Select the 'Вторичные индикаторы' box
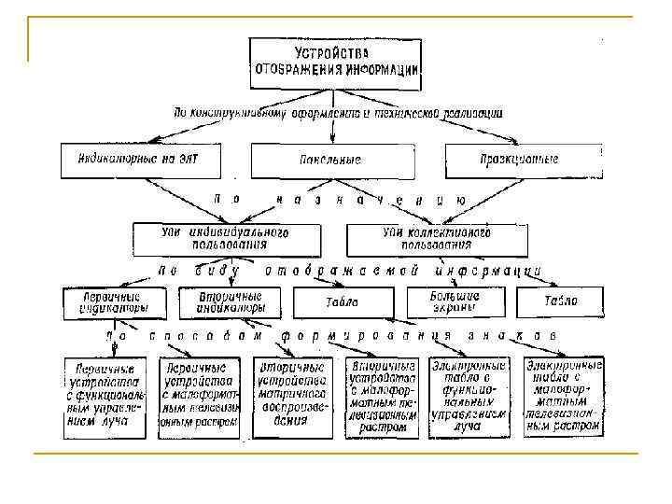pos(231,301)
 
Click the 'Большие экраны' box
pos(455,301)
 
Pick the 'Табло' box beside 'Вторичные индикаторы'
pos(342,302)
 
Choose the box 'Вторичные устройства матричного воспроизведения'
pos(291,395)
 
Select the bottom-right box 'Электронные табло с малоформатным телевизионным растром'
pos(563,396)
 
